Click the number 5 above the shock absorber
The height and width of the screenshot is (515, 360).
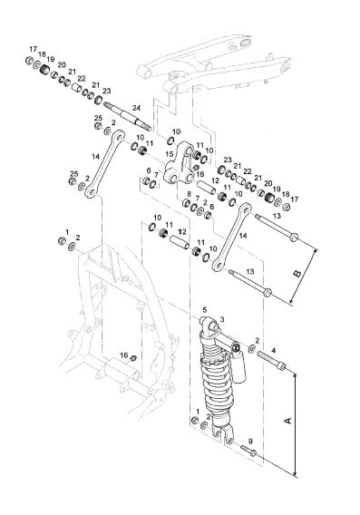pyautogui.click(x=205, y=309)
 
